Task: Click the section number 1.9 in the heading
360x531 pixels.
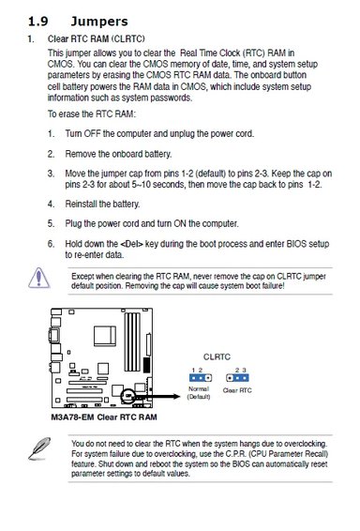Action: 37,22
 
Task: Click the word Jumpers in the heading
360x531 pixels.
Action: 99,22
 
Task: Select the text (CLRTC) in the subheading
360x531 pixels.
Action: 127,39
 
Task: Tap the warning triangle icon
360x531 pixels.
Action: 39,278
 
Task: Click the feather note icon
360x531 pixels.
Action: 39,448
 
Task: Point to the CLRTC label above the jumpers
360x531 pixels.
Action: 217,357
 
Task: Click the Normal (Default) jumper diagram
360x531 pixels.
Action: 201,377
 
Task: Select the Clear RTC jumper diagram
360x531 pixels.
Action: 237,377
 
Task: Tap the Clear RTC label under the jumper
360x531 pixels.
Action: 237,390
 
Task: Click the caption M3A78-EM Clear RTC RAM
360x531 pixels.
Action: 104,417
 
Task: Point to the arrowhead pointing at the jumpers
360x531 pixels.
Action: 177,396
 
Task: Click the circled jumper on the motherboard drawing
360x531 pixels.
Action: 128,396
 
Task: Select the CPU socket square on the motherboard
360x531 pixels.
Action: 105,336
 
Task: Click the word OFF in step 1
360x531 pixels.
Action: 93,133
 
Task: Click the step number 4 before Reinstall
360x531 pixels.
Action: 51,205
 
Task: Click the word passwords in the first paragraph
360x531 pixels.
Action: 172,99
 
